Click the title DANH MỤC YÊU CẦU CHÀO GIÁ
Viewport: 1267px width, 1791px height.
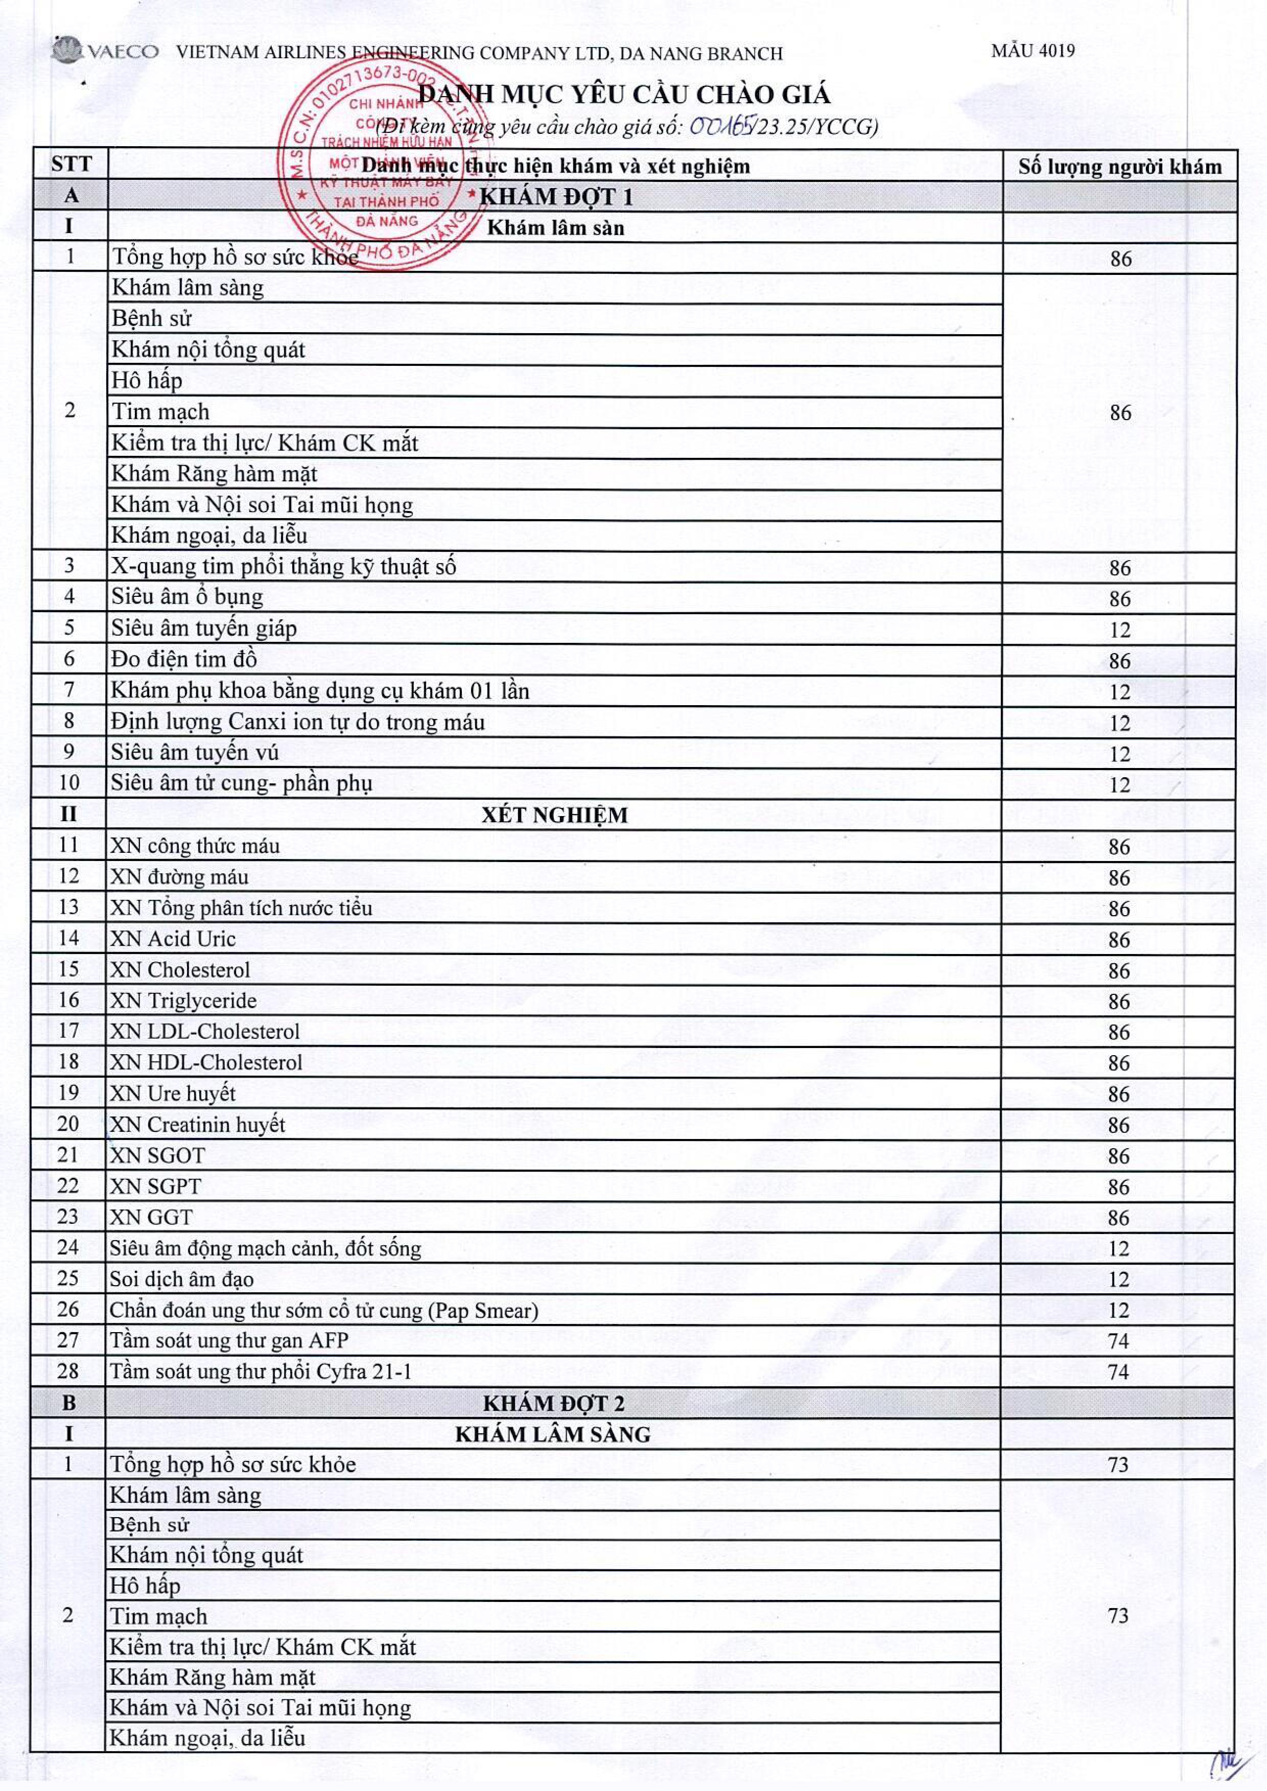point(624,95)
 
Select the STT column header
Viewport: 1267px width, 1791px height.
point(71,165)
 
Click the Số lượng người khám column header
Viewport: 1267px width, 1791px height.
point(1119,166)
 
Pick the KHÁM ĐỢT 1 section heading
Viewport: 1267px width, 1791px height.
point(555,197)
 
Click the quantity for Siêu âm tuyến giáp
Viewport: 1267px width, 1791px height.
point(1119,630)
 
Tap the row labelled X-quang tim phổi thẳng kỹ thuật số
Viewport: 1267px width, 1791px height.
point(283,567)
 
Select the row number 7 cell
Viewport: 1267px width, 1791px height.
point(69,690)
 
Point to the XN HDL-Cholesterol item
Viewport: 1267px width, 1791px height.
point(206,1062)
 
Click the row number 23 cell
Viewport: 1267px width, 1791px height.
point(68,1217)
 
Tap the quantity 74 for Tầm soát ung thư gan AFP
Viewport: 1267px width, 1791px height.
point(1118,1341)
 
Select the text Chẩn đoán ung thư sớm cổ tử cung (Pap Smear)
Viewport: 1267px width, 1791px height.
point(324,1310)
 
